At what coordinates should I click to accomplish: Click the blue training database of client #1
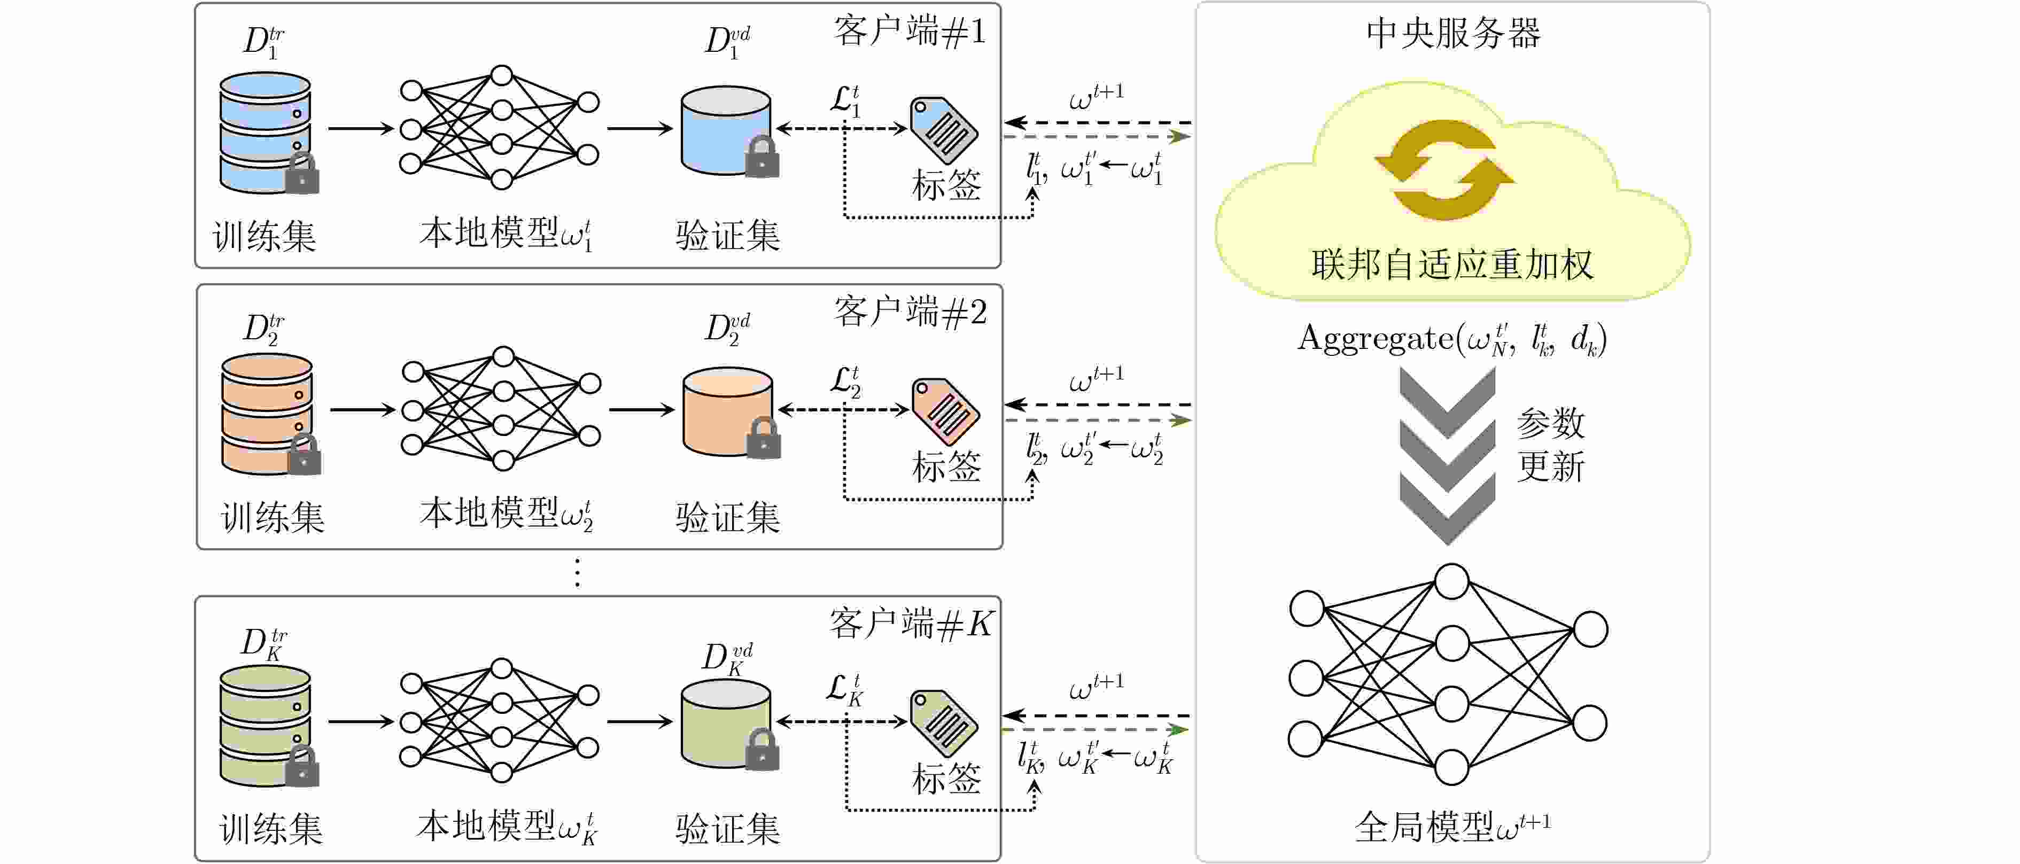tap(265, 132)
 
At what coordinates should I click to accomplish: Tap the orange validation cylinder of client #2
tap(727, 411)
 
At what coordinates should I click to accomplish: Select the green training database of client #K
tap(265, 725)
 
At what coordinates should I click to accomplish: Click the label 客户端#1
tap(910, 32)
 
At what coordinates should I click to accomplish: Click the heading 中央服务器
tap(1453, 34)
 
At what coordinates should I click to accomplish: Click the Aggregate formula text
tap(1452, 339)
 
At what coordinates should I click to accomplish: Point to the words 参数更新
tap(1550, 445)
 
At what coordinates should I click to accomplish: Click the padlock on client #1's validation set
tap(762, 158)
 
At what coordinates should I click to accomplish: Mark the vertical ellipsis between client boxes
tap(578, 573)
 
